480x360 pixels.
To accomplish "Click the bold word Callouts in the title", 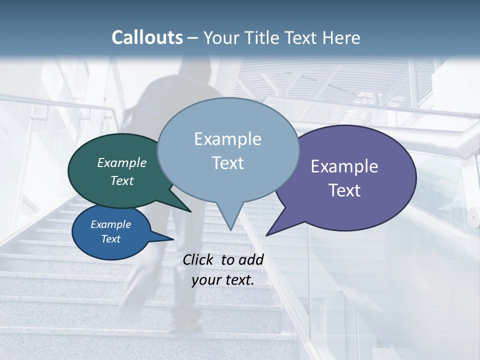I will click(x=147, y=37).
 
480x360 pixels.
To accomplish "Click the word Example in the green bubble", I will click(x=122, y=162).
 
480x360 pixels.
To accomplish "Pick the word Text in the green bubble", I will click(x=122, y=180).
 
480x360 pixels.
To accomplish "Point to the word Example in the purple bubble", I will click(x=344, y=166).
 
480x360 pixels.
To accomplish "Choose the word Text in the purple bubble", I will click(x=344, y=190).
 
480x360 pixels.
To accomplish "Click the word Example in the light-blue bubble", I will click(x=227, y=139).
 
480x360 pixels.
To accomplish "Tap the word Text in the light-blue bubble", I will click(x=227, y=163).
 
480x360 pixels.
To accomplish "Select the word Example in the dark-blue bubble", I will click(x=111, y=224).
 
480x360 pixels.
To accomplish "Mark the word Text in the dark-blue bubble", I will click(x=111, y=239).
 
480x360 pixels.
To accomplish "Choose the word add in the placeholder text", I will click(x=251, y=259).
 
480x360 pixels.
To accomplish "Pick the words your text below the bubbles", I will click(x=223, y=280).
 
